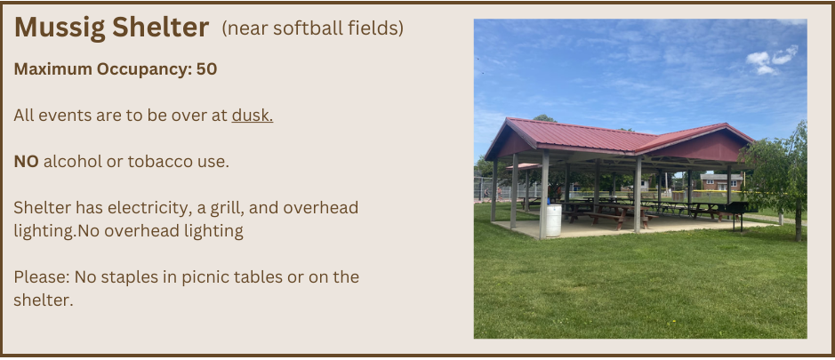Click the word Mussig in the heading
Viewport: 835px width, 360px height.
tap(60, 28)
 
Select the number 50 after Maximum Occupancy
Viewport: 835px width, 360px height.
tap(206, 69)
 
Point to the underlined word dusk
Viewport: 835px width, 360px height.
tap(252, 116)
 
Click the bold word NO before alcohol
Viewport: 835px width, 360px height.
tap(26, 162)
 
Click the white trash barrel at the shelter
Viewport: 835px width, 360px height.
tap(553, 220)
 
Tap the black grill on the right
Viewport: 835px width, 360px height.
tap(736, 214)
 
